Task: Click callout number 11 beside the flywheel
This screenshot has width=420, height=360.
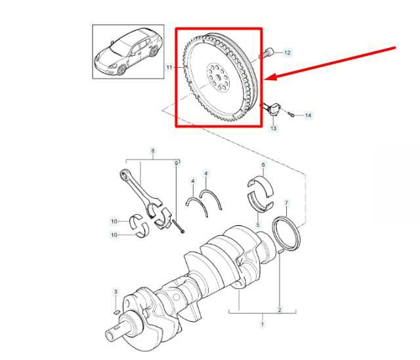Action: coord(169,67)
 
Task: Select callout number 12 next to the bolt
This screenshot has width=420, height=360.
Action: coord(287,53)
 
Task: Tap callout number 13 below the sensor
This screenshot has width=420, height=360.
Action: coord(273,128)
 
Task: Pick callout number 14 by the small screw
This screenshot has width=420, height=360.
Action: coord(308,115)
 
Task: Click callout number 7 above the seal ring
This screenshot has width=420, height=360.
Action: coord(286,203)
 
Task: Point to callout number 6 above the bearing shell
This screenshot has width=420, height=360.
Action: coord(263,165)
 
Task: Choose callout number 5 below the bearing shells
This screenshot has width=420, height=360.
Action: coord(258,225)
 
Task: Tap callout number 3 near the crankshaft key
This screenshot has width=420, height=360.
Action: coord(115,292)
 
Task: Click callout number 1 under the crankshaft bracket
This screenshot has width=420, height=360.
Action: coord(262,324)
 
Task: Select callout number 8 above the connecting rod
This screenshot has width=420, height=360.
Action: coord(153,150)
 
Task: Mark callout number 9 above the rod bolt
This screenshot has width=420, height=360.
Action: coord(177,163)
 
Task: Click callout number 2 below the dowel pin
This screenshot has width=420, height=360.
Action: coord(280,310)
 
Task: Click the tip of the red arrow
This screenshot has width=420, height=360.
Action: coord(264,79)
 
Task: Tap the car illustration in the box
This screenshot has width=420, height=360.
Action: coord(129,52)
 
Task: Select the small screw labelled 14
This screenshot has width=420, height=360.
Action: coord(291,115)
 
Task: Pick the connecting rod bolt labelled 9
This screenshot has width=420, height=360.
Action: coord(179,227)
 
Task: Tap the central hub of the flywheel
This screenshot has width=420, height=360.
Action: coord(218,78)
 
